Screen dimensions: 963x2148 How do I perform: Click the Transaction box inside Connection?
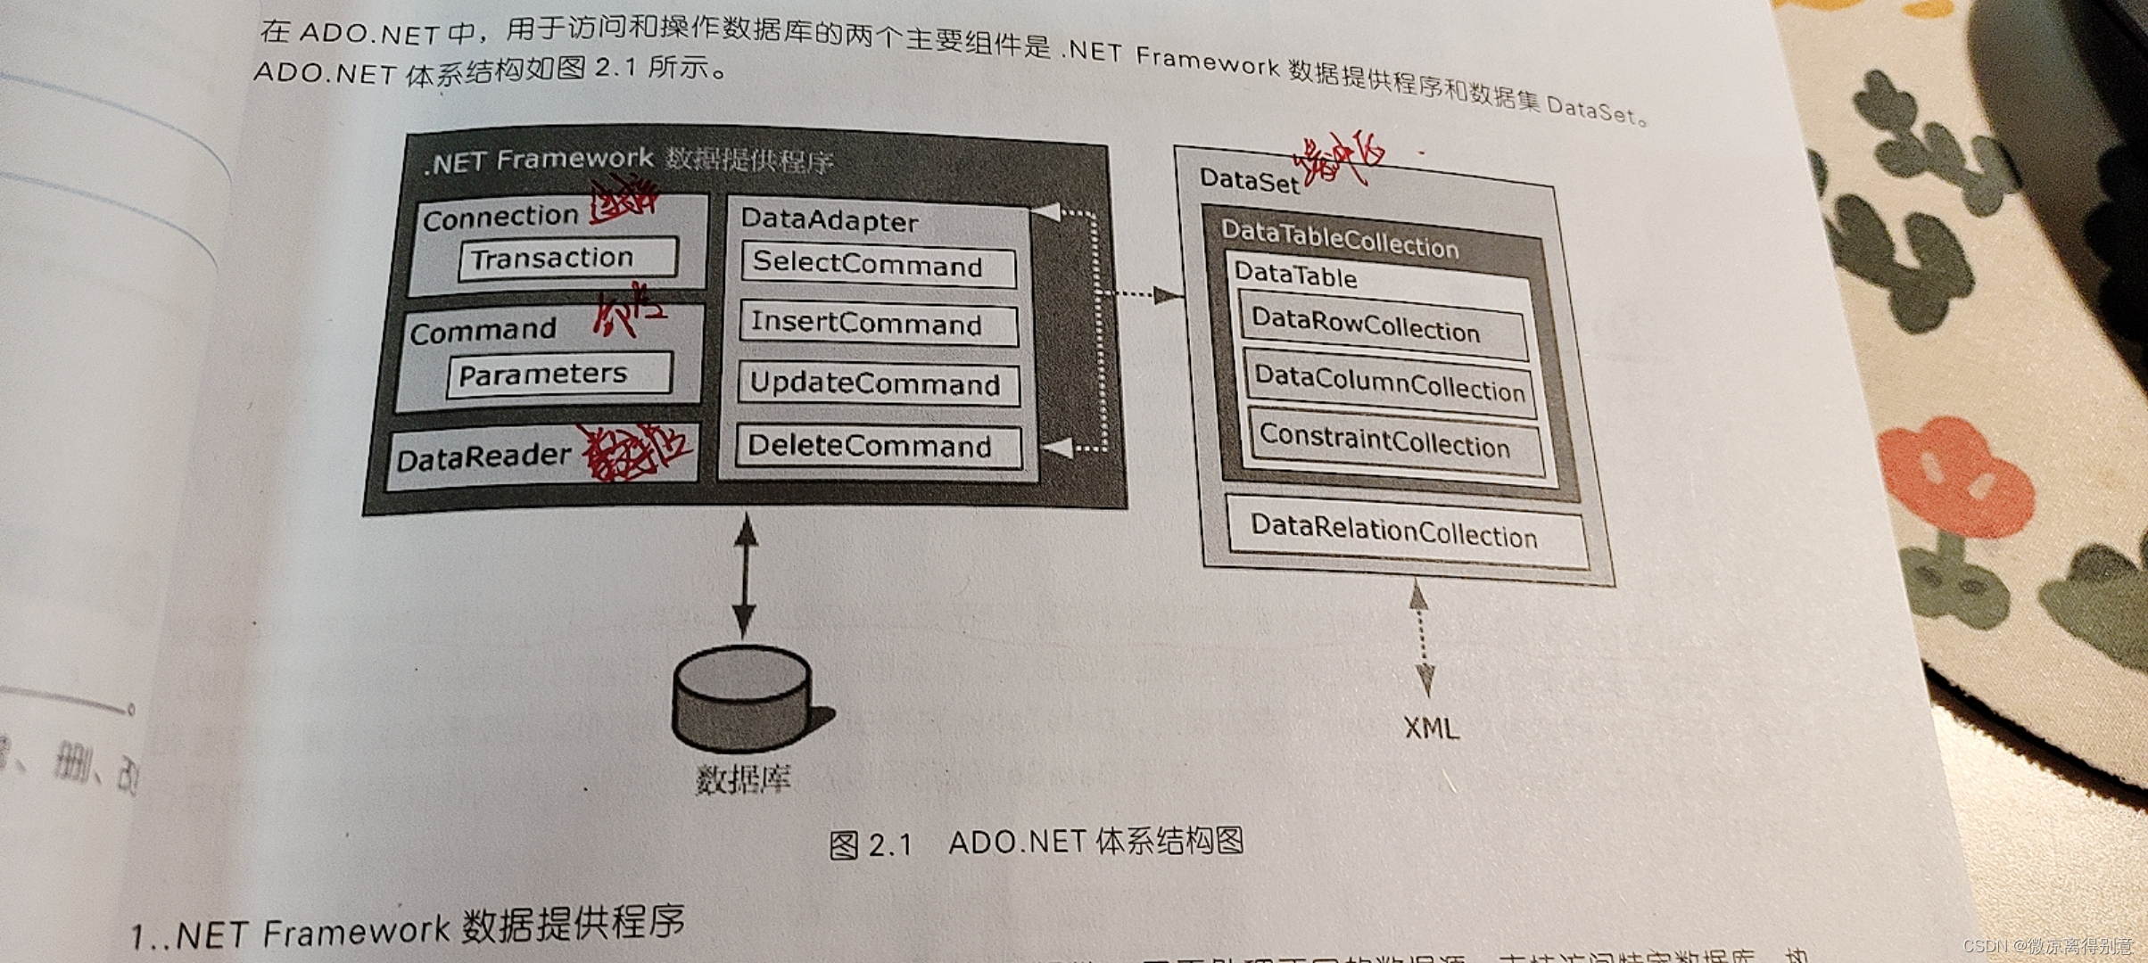[567, 259]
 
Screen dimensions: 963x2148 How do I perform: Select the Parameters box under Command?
[558, 374]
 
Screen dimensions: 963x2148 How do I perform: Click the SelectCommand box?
[878, 265]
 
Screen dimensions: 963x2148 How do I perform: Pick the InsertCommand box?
[878, 323]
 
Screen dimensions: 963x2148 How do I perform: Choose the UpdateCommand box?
[878, 384]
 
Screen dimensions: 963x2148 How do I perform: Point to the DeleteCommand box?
[878, 446]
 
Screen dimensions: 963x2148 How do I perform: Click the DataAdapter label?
[830, 220]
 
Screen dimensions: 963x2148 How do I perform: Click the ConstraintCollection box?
[1393, 442]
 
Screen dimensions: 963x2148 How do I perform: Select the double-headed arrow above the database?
[745, 575]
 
